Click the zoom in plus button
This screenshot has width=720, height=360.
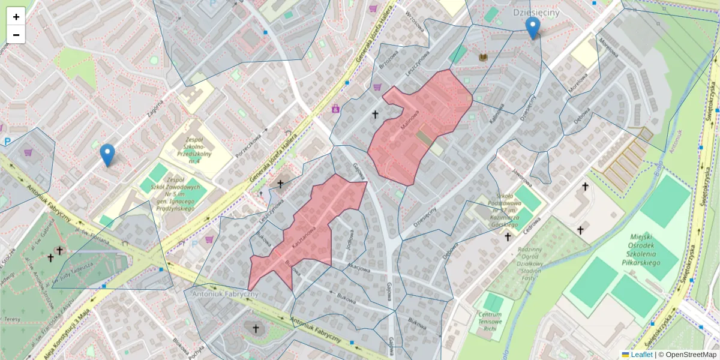coord(16,17)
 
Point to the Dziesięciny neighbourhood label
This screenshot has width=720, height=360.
coord(536,12)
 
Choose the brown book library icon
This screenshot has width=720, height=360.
coord(484,57)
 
